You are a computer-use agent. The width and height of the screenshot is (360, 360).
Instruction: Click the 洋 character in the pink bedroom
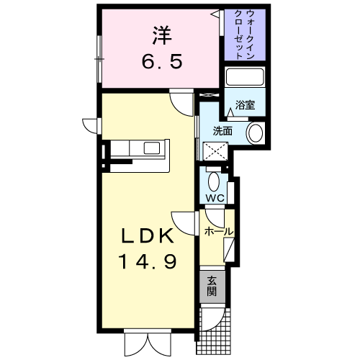click(x=161, y=35)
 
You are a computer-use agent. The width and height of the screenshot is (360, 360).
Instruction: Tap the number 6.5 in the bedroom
click(x=162, y=61)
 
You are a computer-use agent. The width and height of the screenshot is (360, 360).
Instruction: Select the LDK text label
click(x=148, y=235)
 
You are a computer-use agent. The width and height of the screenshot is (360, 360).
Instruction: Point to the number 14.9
click(x=148, y=261)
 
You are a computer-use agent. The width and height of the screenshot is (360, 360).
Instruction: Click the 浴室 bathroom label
click(x=245, y=105)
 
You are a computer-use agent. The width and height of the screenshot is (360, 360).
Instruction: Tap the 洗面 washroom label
click(x=222, y=131)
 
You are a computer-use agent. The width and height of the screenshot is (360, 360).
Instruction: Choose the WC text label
click(x=215, y=198)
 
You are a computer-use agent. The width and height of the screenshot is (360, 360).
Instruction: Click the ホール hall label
click(x=219, y=232)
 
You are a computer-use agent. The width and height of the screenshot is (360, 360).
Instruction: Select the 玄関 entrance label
click(x=212, y=286)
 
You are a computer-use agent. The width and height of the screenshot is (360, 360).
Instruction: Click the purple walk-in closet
click(x=245, y=35)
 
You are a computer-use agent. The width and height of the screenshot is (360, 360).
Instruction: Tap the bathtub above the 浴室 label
click(x=245, y=77)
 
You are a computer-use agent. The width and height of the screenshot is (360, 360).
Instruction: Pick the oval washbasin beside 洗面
click(x=256, y=133)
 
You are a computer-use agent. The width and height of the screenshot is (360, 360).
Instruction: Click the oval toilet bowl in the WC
click(x=213, y=181)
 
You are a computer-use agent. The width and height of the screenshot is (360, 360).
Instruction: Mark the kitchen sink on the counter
click(x=152, y=148)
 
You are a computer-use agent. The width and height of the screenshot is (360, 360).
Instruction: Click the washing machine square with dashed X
click(x=215, y=151)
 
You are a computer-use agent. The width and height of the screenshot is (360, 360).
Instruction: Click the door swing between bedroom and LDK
click(x=181, y=104)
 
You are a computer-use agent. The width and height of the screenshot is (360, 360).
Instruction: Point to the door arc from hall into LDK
click(x=184, y=223)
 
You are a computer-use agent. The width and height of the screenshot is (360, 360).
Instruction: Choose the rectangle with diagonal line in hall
click(x=229, y=250)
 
